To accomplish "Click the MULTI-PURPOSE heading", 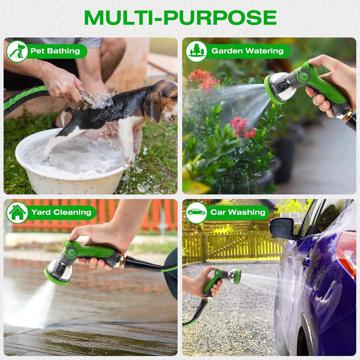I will pos(180,18).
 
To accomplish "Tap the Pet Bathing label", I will pos(55,51).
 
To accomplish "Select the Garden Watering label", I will pos(247,51).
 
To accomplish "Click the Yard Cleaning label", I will pos(61,212).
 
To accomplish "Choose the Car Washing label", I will pos(238,212).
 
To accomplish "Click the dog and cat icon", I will pos(17,51).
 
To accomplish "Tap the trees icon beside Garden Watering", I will pos(196,51).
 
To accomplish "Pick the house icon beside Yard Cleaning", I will pos(17,212).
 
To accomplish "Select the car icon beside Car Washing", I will pos(196,212).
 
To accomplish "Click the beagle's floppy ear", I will pos(152,105).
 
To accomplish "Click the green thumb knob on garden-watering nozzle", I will pos(304,75).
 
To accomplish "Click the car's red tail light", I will pos(347,251).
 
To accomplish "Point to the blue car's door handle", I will pos(306,262).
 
